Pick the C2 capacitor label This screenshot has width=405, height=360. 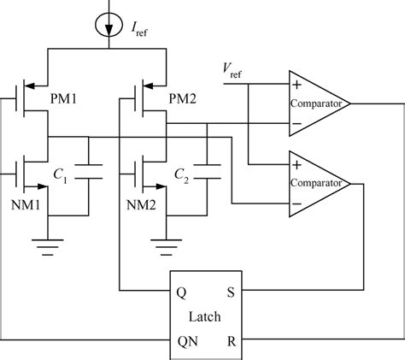tap(181, 174)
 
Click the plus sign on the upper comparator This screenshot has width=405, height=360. tap(296, 85)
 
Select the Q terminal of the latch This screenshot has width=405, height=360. tap(182, 291)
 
